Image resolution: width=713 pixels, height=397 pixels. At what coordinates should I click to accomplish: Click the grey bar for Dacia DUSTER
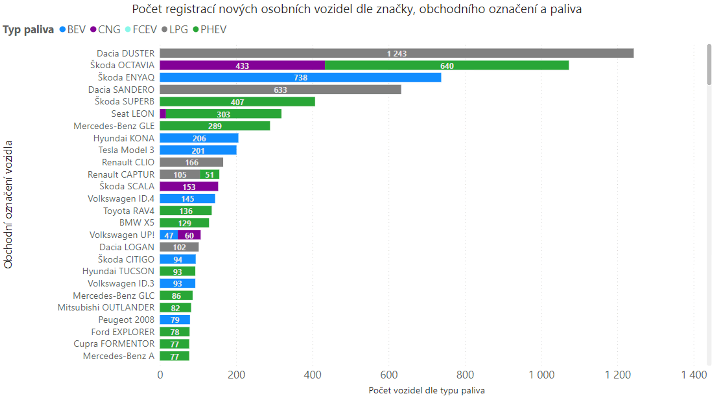click(397, 53)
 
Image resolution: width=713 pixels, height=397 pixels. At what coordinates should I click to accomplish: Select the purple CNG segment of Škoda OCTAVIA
click(242, 65)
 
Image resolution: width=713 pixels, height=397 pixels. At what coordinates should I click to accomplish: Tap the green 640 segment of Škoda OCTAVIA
click(447, 65)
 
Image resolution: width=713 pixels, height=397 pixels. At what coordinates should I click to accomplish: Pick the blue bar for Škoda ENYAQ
click(300, 77)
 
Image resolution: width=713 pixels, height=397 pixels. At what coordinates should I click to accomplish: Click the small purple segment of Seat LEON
click(163, 114)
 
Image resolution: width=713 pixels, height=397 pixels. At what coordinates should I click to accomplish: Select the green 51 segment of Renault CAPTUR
click(210, 175)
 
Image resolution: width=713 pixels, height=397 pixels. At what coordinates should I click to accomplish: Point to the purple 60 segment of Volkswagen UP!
click(189, 235)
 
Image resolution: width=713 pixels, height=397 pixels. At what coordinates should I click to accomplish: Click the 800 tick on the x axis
click(465, 375)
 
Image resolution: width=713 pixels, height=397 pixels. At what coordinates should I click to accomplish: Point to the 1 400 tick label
click(694, 375)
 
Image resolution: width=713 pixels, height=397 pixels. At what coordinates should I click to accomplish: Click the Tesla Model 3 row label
click(126, 150)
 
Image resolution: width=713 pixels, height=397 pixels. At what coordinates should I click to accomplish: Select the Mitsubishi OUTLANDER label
click(106, 308)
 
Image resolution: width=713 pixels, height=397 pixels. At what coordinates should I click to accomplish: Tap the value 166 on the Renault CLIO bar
click(192, 162)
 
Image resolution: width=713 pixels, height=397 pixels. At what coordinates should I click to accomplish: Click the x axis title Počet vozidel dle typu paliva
click(427, 390)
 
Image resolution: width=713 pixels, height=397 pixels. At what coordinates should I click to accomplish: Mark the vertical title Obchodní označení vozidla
click(8, 205)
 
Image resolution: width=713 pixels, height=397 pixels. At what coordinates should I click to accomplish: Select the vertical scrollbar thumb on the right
click(709, 64)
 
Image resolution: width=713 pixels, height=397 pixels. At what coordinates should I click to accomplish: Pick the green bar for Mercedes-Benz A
click(174, 356)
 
